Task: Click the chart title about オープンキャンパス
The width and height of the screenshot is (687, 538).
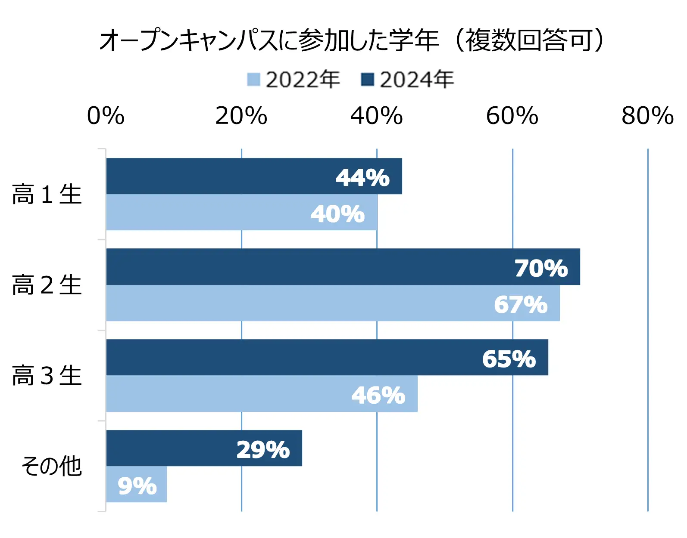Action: coord(351,40)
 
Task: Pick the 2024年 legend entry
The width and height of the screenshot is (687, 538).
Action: coord(408,80)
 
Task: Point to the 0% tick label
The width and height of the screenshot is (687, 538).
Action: coord(106,116)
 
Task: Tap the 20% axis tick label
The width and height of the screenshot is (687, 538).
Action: coord(241,116)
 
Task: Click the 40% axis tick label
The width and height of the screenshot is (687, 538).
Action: coord(377,116)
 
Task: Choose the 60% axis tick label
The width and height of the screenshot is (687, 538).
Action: coord(512,116)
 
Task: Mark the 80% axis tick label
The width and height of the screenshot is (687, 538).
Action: coord(648,116)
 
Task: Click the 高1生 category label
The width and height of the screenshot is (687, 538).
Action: coord(47,194)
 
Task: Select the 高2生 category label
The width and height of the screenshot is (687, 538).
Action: coord(47,285)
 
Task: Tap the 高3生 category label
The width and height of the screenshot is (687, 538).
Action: coord(47,376)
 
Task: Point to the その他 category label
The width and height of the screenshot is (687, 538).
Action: coord(52,466)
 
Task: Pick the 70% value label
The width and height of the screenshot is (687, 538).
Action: coord(541,268)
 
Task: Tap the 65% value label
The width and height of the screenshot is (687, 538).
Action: coord(509,359)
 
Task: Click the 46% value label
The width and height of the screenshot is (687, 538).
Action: coord(378,395)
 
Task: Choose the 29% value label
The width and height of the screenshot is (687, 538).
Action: coord(263,449)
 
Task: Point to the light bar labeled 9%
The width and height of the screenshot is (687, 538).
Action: coord(136,485)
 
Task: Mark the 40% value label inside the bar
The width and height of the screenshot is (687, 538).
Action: coord(338,213)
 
